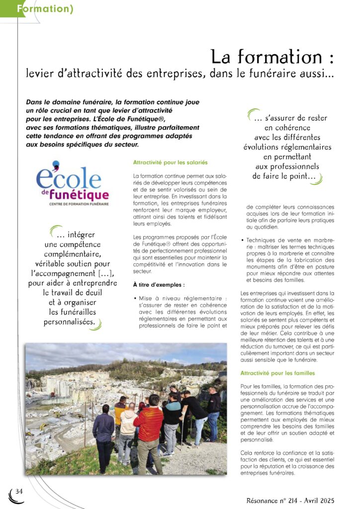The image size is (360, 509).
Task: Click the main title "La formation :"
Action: coord(271,57)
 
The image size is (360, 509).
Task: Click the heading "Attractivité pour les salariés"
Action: coord(170,163)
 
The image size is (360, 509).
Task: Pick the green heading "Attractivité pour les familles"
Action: coord(277,373)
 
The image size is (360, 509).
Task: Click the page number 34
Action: coord(19,491)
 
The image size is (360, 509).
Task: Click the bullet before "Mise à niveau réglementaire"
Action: coord(135,298)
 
